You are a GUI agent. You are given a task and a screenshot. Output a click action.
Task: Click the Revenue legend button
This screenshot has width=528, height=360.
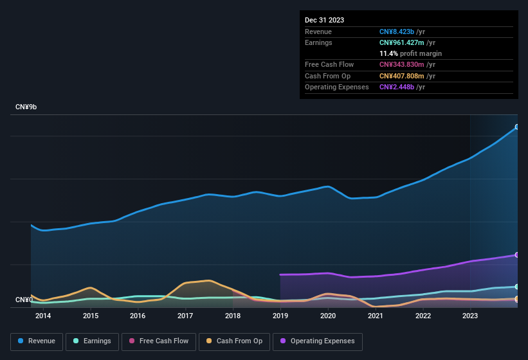tap(37, 341)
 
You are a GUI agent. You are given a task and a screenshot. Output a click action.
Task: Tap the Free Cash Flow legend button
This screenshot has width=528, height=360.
tap(159, 341)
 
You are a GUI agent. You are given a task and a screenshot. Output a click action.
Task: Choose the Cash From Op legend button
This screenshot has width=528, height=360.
tap(235, 341)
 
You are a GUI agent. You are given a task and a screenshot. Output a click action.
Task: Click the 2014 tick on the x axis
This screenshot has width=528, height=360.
tap(43, 316)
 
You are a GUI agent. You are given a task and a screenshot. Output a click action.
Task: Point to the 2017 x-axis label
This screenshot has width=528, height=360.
tap(185, 316)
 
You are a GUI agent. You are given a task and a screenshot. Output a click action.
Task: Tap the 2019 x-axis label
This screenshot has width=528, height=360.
tap(280, 316)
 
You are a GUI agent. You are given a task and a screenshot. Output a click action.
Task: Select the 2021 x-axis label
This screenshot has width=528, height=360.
tap(376, 316)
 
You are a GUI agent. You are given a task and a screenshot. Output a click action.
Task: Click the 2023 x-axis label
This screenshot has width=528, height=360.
tap(470, 316)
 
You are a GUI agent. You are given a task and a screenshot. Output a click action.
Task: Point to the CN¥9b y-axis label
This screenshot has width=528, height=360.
tap(26, 107)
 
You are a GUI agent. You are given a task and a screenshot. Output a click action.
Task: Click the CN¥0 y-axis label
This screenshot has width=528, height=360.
tap(24, 300)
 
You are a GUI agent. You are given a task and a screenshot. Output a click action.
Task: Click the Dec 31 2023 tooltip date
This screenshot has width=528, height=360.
tap(324, 20)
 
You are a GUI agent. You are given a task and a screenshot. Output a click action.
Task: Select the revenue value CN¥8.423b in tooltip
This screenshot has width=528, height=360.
tap(401, 32)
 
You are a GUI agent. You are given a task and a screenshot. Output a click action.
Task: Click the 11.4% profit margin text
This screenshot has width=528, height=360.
tap(410, 53)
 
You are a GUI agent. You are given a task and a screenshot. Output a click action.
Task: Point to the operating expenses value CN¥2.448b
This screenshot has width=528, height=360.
tap(401, 87)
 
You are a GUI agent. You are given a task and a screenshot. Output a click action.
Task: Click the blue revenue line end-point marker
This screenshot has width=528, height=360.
tap(516, 127)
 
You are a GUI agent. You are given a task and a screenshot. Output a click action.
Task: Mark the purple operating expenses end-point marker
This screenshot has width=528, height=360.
tap(516, 255)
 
